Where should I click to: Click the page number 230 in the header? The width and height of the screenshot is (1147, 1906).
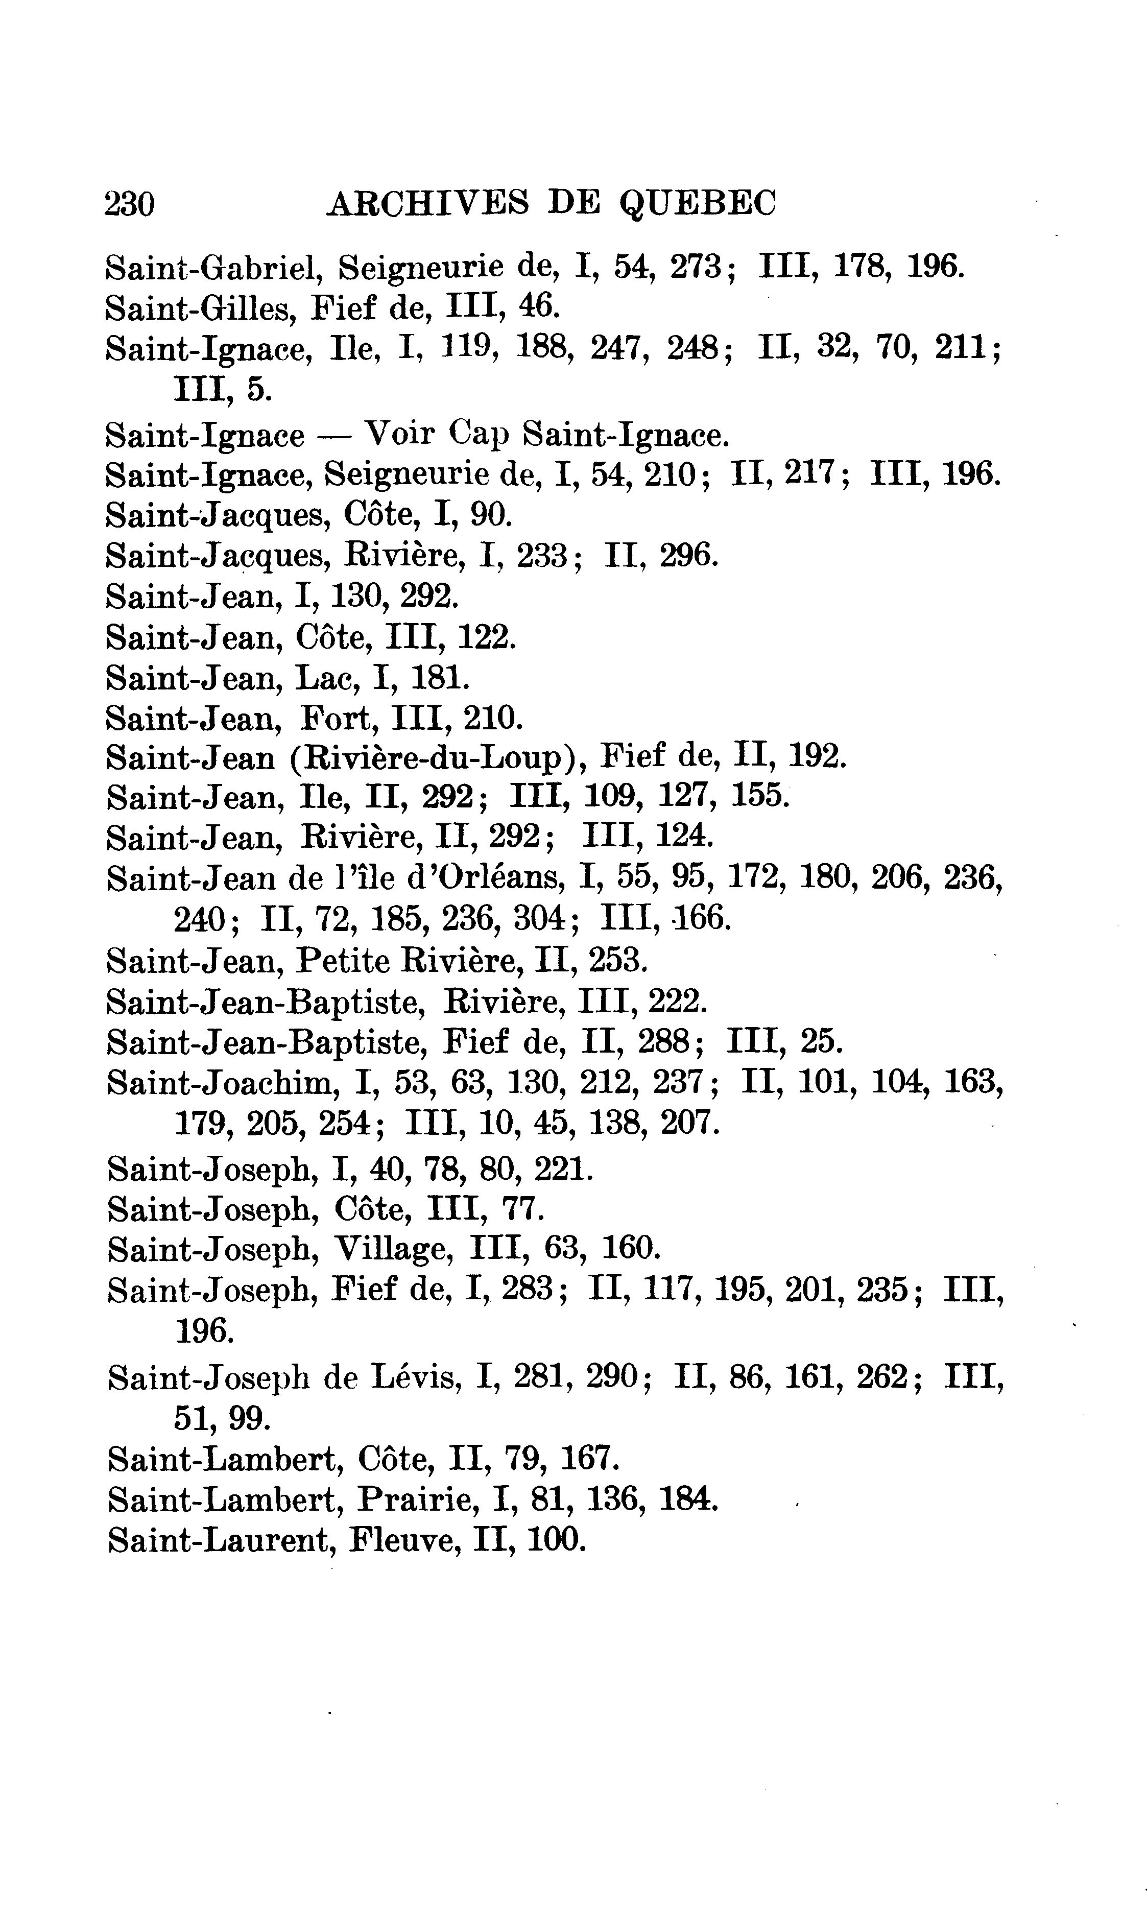130,205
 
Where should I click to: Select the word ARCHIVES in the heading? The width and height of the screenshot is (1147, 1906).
428,204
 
